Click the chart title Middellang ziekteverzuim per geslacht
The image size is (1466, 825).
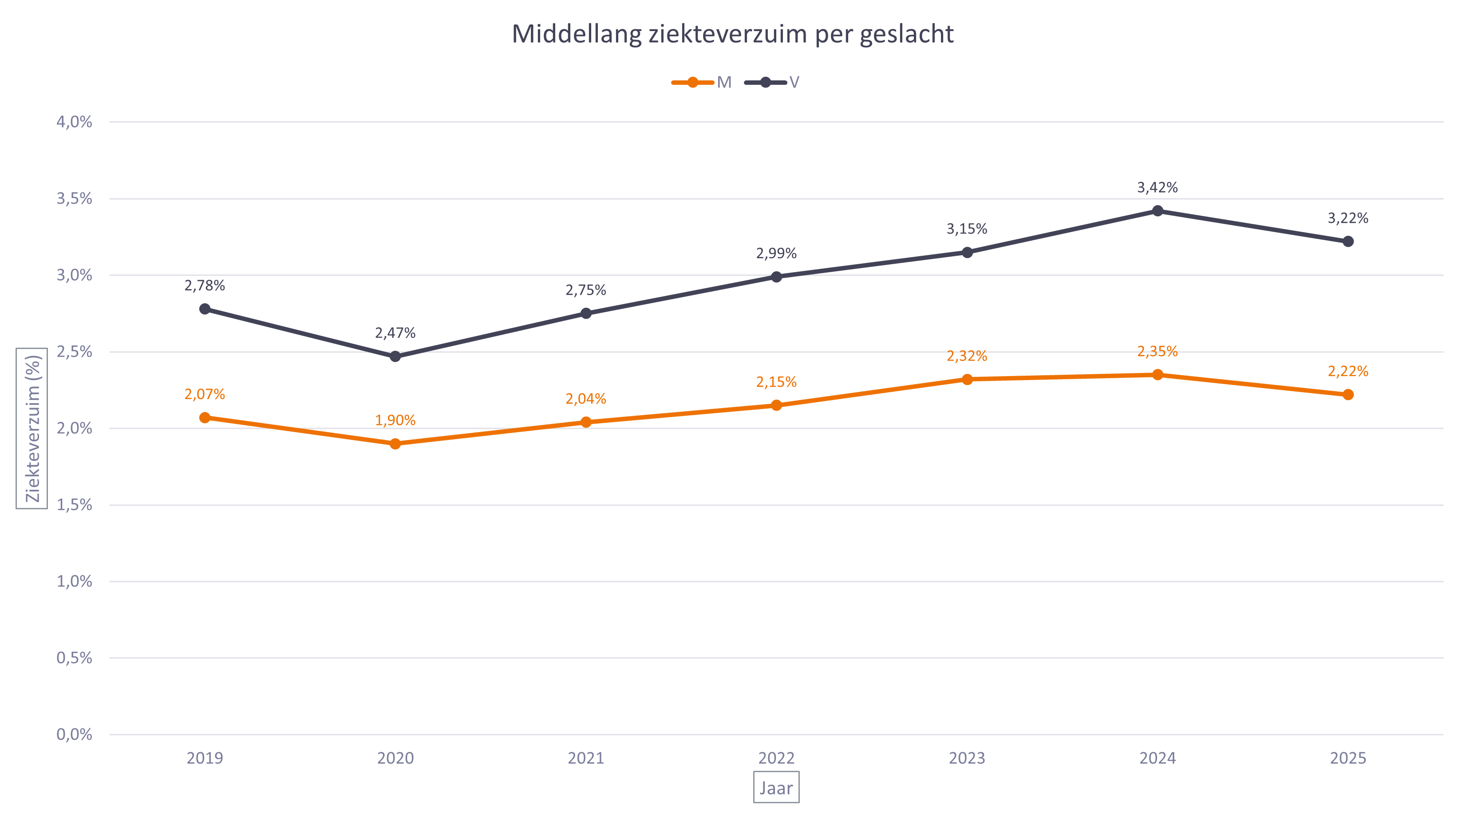732,34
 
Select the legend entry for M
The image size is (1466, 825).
702,83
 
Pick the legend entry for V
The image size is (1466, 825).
773,83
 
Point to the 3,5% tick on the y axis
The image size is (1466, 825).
74,199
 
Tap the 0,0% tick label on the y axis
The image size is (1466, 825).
74,734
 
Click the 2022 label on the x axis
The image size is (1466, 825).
776,758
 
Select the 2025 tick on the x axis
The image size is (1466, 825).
1347,758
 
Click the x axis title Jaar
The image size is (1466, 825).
776,788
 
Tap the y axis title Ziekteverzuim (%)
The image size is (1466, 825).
32,428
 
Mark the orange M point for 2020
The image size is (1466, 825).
395,444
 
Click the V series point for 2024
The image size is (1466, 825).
1158,210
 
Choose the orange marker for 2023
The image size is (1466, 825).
967,379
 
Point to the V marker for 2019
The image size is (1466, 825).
205,309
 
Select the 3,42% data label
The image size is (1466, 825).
1158,187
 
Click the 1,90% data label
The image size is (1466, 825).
395,420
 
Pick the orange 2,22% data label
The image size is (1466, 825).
1347,371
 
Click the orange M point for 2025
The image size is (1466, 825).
1347,395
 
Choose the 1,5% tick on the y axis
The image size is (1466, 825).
74,505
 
